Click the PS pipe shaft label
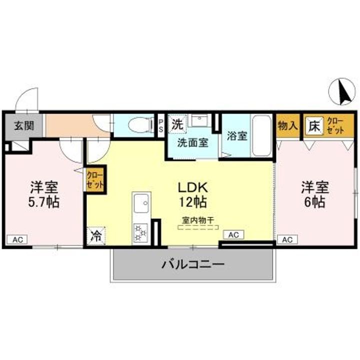point(160,124)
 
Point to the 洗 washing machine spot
point(177,123)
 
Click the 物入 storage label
point(287,125)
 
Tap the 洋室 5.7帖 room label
point(44,195)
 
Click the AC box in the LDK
point(233,234)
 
